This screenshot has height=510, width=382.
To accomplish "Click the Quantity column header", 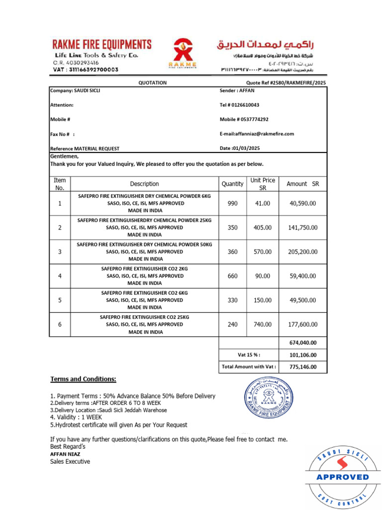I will (232, 184).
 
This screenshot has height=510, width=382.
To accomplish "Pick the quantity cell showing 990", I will (232, 204).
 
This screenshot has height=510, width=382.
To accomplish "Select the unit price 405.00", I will (262, 228).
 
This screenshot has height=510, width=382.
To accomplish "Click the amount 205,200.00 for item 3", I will (302, 252).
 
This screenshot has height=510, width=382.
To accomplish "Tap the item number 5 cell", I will (60, 300).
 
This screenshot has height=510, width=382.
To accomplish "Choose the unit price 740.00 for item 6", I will (262, 325).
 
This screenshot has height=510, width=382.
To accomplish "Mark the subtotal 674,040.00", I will (302, 343).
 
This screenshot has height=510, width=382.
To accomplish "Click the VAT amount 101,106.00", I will (302, 355).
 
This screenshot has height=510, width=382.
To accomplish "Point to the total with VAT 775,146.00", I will (302, 367).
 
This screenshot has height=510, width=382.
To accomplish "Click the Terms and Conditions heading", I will (83, 380).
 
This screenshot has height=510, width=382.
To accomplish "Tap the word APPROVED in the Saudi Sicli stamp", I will (343, 477).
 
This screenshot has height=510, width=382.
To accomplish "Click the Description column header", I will (144, 184).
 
